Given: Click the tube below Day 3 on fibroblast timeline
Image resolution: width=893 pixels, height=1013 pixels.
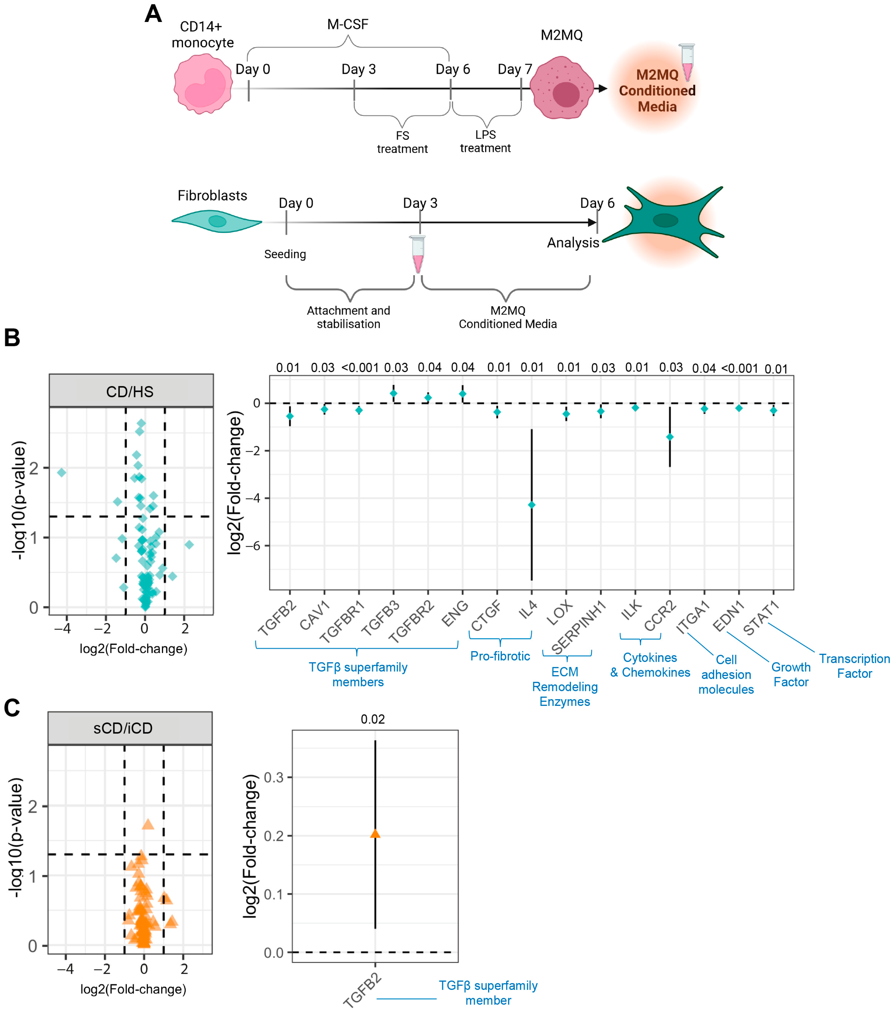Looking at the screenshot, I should [418, 254].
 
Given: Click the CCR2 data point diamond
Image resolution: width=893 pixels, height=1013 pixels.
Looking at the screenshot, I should [670, 437].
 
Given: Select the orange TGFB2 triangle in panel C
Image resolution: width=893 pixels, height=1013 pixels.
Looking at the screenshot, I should [375, 834].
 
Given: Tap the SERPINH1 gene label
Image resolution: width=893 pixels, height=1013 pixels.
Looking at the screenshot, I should [578, 627].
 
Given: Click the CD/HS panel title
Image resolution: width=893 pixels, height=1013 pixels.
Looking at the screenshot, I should [130, 391].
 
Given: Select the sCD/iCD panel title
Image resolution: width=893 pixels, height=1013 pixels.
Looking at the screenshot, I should [123, 728].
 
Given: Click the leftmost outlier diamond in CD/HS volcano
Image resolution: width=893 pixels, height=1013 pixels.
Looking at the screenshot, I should [61, 472].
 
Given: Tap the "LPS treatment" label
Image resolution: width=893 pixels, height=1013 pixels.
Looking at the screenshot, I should [485, 141].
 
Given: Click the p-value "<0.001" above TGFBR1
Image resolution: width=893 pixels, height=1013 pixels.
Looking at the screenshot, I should [360, 368].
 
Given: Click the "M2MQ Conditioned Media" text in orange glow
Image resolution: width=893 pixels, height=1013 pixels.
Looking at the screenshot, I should [657, 91].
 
